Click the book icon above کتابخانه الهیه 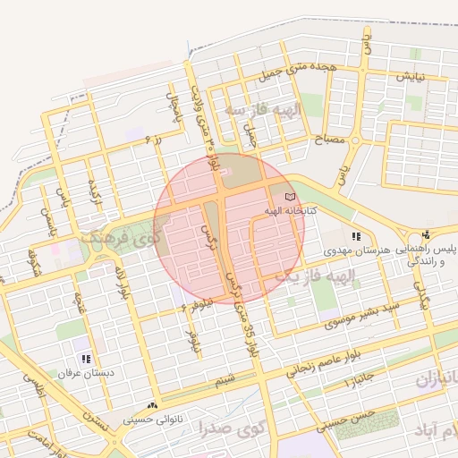pos(288,196)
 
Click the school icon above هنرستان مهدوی pos(357,237)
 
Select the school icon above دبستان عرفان pos(85,359)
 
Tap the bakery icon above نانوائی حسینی pos(154,404)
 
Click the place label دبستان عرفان pos(82,372)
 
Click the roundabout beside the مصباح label pos(356,140)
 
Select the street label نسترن pos(95,420)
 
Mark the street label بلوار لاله pos(119,278)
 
